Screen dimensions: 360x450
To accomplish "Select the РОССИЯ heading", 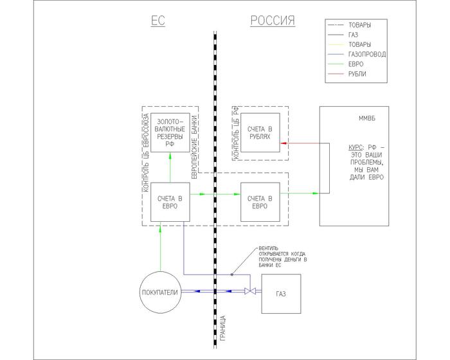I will pyautogui.click(x=272, y=21).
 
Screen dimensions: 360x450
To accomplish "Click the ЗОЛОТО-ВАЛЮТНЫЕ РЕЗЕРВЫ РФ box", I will pyautogui.click(x=170, y=132).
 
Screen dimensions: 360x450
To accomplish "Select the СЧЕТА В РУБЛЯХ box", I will pyautogui.click(x=260, y=134).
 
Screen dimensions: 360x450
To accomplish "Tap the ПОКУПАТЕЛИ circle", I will pyautogui.click(x=159, y=293).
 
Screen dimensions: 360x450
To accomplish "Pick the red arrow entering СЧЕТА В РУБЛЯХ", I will pyautogui.click(x=283, y=143).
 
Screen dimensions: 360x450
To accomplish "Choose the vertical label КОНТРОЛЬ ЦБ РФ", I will pyautogui.click(x=236, y=134).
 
